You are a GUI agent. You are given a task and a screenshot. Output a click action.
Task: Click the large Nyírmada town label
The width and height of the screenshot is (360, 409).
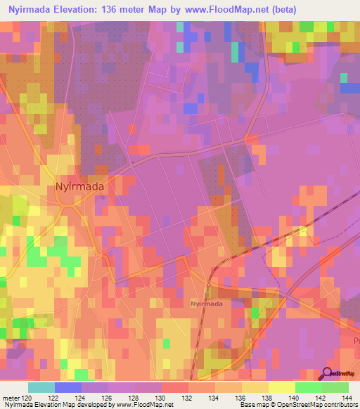point(79,187)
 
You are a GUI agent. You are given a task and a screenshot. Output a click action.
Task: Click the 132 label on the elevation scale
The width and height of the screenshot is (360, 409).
point(188,397)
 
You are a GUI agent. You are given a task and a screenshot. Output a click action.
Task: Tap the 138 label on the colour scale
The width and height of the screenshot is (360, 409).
point(268,397)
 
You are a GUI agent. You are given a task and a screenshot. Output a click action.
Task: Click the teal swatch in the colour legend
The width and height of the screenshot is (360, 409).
point(41,387)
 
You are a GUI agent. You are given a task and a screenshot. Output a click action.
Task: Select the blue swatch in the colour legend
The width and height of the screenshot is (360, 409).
point(68,387)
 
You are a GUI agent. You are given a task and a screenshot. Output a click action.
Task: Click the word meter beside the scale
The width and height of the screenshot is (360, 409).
point(11,397)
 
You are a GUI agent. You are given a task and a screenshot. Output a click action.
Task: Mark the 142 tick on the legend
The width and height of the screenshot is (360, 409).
point(321,397)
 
